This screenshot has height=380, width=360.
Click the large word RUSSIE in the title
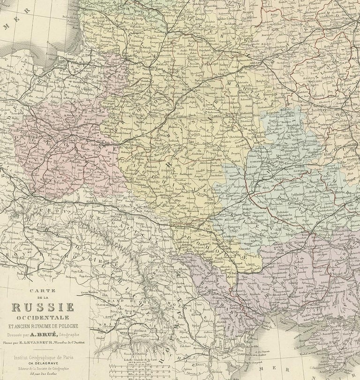click(43, 308)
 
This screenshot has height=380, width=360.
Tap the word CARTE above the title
click(43, 291)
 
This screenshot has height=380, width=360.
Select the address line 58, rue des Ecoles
click(43, 375)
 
